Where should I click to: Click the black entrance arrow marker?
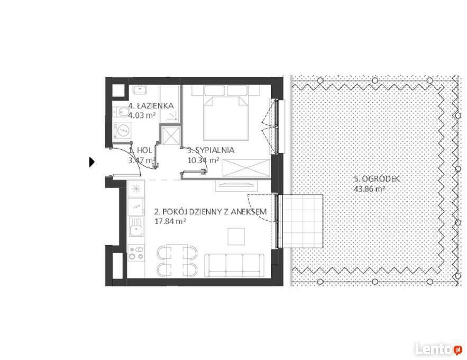point(91,162)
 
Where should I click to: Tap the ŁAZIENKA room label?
point(151,106)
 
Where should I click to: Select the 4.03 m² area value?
point(142,115)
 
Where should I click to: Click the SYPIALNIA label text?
point(211,150)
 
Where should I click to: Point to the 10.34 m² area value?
point(204,160)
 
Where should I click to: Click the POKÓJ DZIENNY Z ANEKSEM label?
point(210,212)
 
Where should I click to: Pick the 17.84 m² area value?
point(170,221)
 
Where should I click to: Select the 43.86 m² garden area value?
point(370,188)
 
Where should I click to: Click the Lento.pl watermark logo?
point(438,349)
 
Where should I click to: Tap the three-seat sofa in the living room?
point(234,266)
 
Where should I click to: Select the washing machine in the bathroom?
point(122,130)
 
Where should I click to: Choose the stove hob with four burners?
point(136,253)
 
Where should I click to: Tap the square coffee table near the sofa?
point(236,237)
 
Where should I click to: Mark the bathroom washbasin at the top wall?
point(140,89)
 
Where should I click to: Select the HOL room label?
point(141,150)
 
